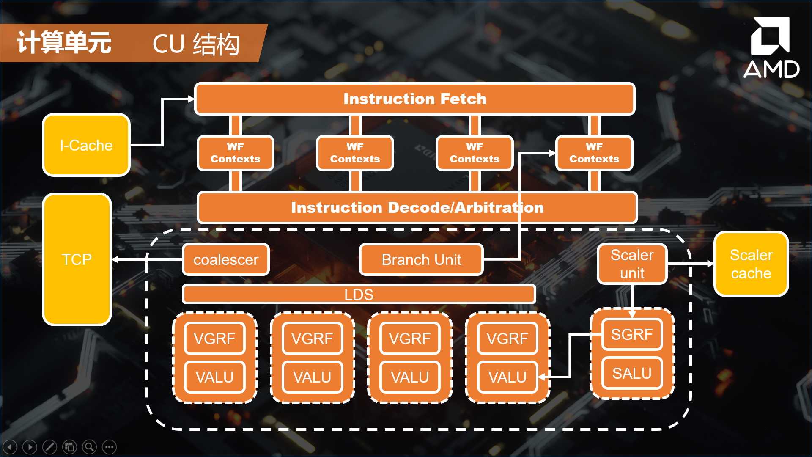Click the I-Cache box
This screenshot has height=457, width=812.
tap(86, 145)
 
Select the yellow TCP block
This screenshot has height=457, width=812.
tap(77, 259)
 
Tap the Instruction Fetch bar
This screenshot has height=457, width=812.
tap(414, 99)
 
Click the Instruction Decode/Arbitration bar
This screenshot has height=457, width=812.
tap(417, 207)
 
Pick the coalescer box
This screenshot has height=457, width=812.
tap(226, 259)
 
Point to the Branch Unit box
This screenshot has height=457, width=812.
tap(421, 259)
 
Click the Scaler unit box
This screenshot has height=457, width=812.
tap(632, 264)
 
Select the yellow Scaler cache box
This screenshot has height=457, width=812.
tap(751, 264)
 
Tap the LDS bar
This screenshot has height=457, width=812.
tap(359, 295)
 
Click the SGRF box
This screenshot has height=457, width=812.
tap(632, 334)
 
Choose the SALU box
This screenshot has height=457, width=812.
tap(632, 373)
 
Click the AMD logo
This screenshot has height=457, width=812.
tap(771, 47)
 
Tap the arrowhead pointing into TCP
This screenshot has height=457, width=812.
tap(115, 259)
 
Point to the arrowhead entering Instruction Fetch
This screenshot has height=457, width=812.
tap(191, 99)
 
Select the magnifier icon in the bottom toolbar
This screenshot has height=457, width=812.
tap(89, 447)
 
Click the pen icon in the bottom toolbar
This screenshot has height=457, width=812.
tap(49, 447)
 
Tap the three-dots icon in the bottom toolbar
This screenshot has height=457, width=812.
tap(109, 447)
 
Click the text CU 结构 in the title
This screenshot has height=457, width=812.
tap(196, 44)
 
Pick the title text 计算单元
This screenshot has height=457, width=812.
tap(64, 43)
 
